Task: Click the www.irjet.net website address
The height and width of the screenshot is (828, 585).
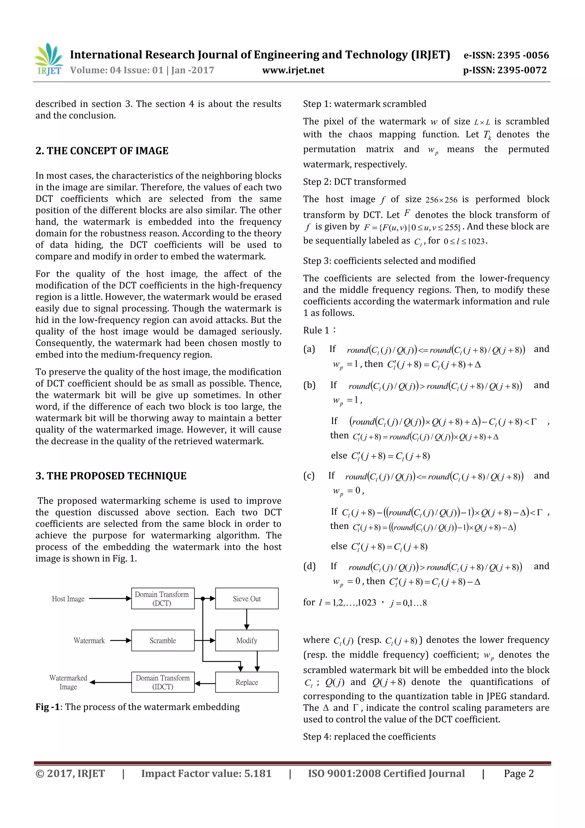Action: (293, 70)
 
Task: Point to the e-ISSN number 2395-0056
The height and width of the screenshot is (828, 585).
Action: (506, 55)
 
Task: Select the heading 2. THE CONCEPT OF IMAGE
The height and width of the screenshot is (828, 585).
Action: (102, 151)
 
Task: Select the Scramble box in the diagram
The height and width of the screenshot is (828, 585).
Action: (163, 640)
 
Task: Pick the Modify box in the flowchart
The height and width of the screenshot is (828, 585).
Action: (247, 640)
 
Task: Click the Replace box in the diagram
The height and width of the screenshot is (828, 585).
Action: (247, 682)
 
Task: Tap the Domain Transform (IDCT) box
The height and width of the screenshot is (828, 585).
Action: (163, 682)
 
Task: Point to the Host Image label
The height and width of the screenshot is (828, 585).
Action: (68, 599)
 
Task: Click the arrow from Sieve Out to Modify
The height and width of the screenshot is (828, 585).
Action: (247, 619)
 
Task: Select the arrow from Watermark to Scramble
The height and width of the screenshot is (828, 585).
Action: (120, 641)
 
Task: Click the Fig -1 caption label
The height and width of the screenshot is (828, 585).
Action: (47, 707)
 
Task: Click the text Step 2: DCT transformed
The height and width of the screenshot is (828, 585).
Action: (354, 182)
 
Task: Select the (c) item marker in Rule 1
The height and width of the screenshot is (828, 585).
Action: (309, 476)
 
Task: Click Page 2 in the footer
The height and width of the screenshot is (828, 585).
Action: (518, 773)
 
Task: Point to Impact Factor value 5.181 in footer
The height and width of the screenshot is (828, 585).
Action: (206, 773)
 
